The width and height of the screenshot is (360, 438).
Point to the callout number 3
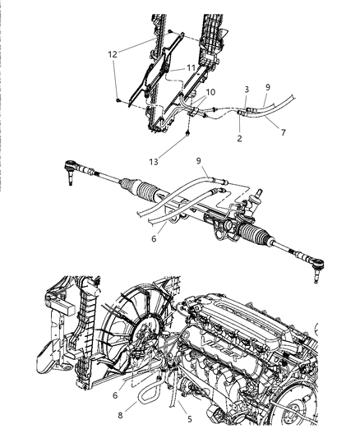click(x=245, y=89)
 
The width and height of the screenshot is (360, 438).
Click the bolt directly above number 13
click(x=190, y=130)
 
